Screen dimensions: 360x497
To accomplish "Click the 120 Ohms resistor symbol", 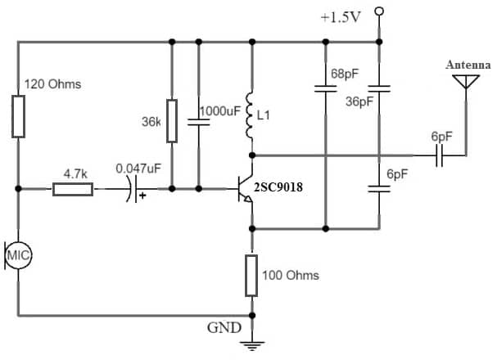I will point(17,115).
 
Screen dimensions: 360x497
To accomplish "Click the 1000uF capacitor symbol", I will point(198,122).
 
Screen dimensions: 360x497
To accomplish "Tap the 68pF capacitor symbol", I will point(325,88).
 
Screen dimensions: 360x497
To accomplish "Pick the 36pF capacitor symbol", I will point(378,88).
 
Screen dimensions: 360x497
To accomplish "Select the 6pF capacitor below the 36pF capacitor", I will point(378,187).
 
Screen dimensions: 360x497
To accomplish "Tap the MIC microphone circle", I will point(17,256).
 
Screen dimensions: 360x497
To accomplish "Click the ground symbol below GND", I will point(251,344).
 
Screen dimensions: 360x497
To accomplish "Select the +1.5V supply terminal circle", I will point(378,11).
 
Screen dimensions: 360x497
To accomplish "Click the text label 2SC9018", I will point(278,187).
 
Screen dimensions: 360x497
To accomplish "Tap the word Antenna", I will point(467,64).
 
